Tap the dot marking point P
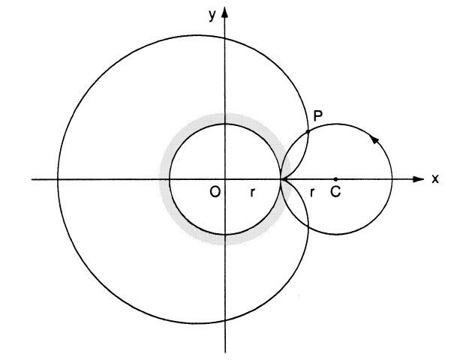click(x=308, y=132)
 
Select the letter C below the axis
click(x=335, y=193)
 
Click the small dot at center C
click(x=335, y=179)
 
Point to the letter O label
click(x=215, y=193)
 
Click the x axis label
click(x=434, y=179)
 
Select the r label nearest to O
click(x=253, y=193)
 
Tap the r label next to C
click(x=311, y=193)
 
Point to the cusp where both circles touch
click(x=281, y=179)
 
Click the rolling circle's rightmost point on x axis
click(x=392, y=179)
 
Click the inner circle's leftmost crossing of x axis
click(x=170, y=179)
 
